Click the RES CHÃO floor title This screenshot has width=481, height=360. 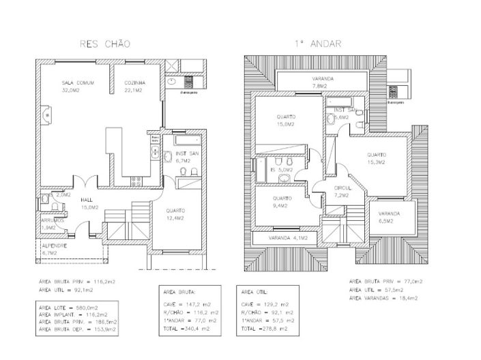[x=105, y=44]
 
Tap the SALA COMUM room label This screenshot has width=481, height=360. [x=78, y=87]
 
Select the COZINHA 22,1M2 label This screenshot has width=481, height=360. [x=135, y=87]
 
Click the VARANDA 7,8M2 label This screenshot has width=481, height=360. [x=323, y=82]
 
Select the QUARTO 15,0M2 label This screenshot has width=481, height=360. [x=285, y=121]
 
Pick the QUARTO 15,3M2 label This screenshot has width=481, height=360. [x=376, y=159]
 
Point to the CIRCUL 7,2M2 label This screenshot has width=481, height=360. [x=342, y=192]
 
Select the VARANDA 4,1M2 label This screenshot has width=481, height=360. [x=289, y=238]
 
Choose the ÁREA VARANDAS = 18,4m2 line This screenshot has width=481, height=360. [x=385, y=298]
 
